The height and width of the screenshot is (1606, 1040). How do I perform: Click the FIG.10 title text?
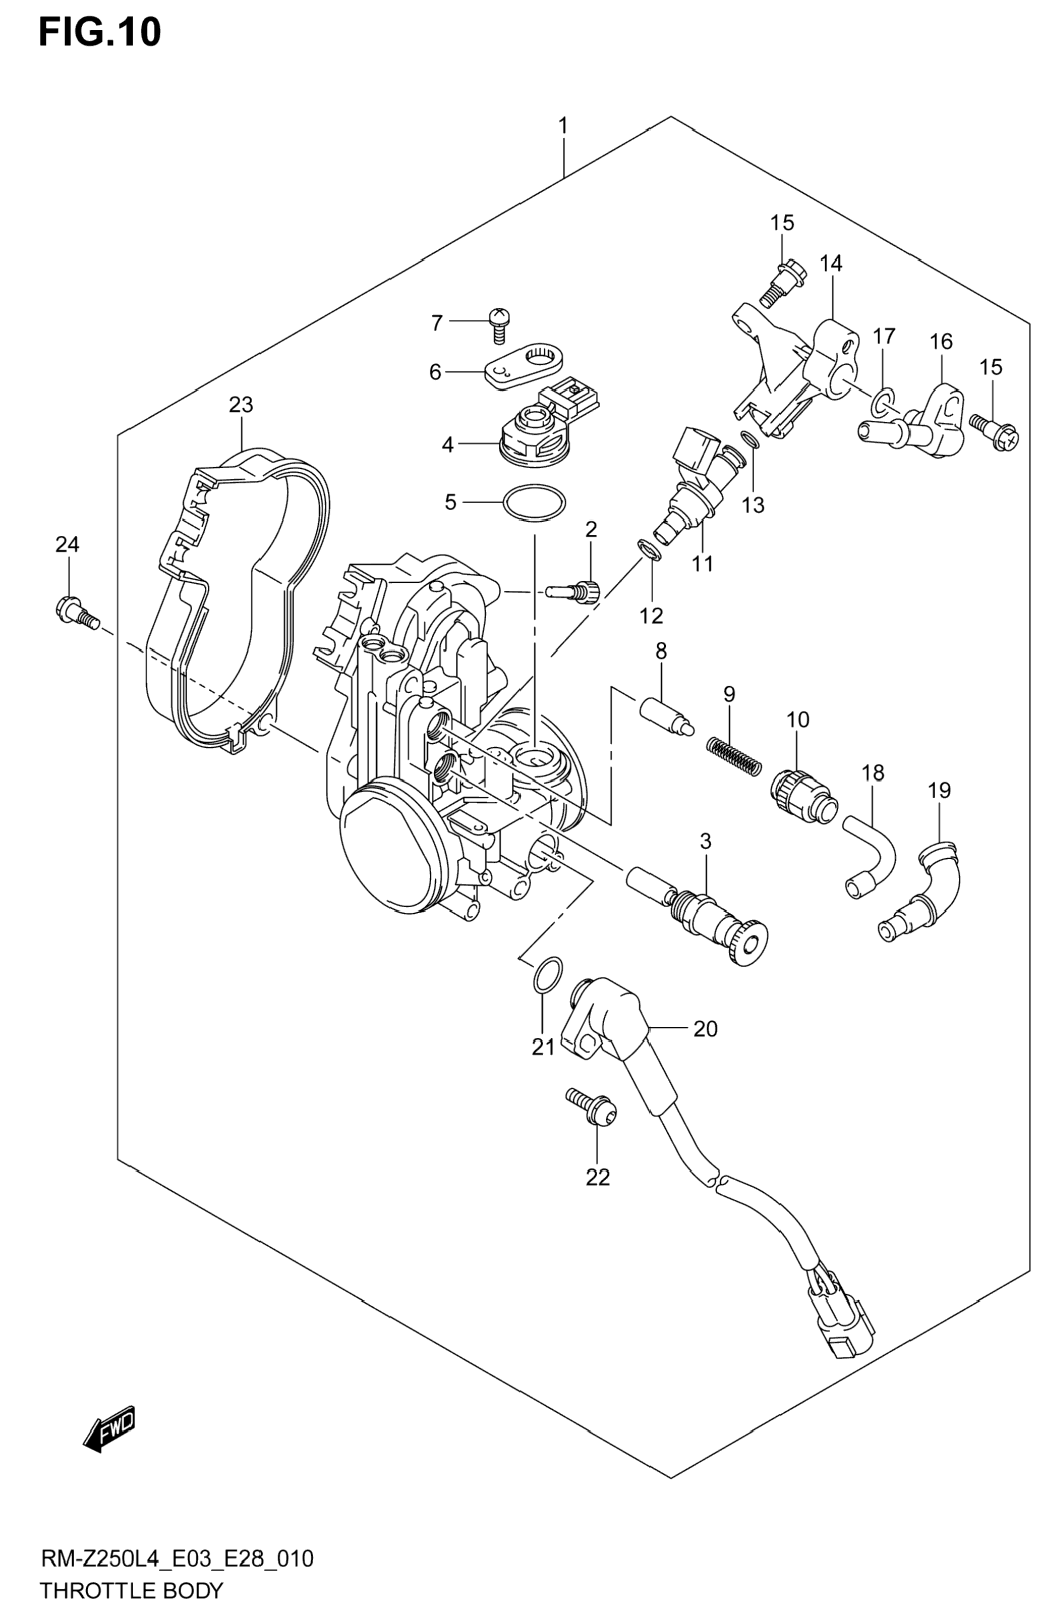(100, 32)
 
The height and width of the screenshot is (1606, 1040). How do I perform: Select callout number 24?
(67, 544)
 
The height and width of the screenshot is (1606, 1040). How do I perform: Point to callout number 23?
(241, 405)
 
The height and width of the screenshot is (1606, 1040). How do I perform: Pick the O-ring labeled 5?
(534, 503)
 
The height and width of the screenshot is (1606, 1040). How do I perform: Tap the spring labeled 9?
(734, 756)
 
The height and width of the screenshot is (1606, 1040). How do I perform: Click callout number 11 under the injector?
(702, 563)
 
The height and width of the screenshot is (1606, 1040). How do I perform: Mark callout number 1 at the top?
(562, 126)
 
